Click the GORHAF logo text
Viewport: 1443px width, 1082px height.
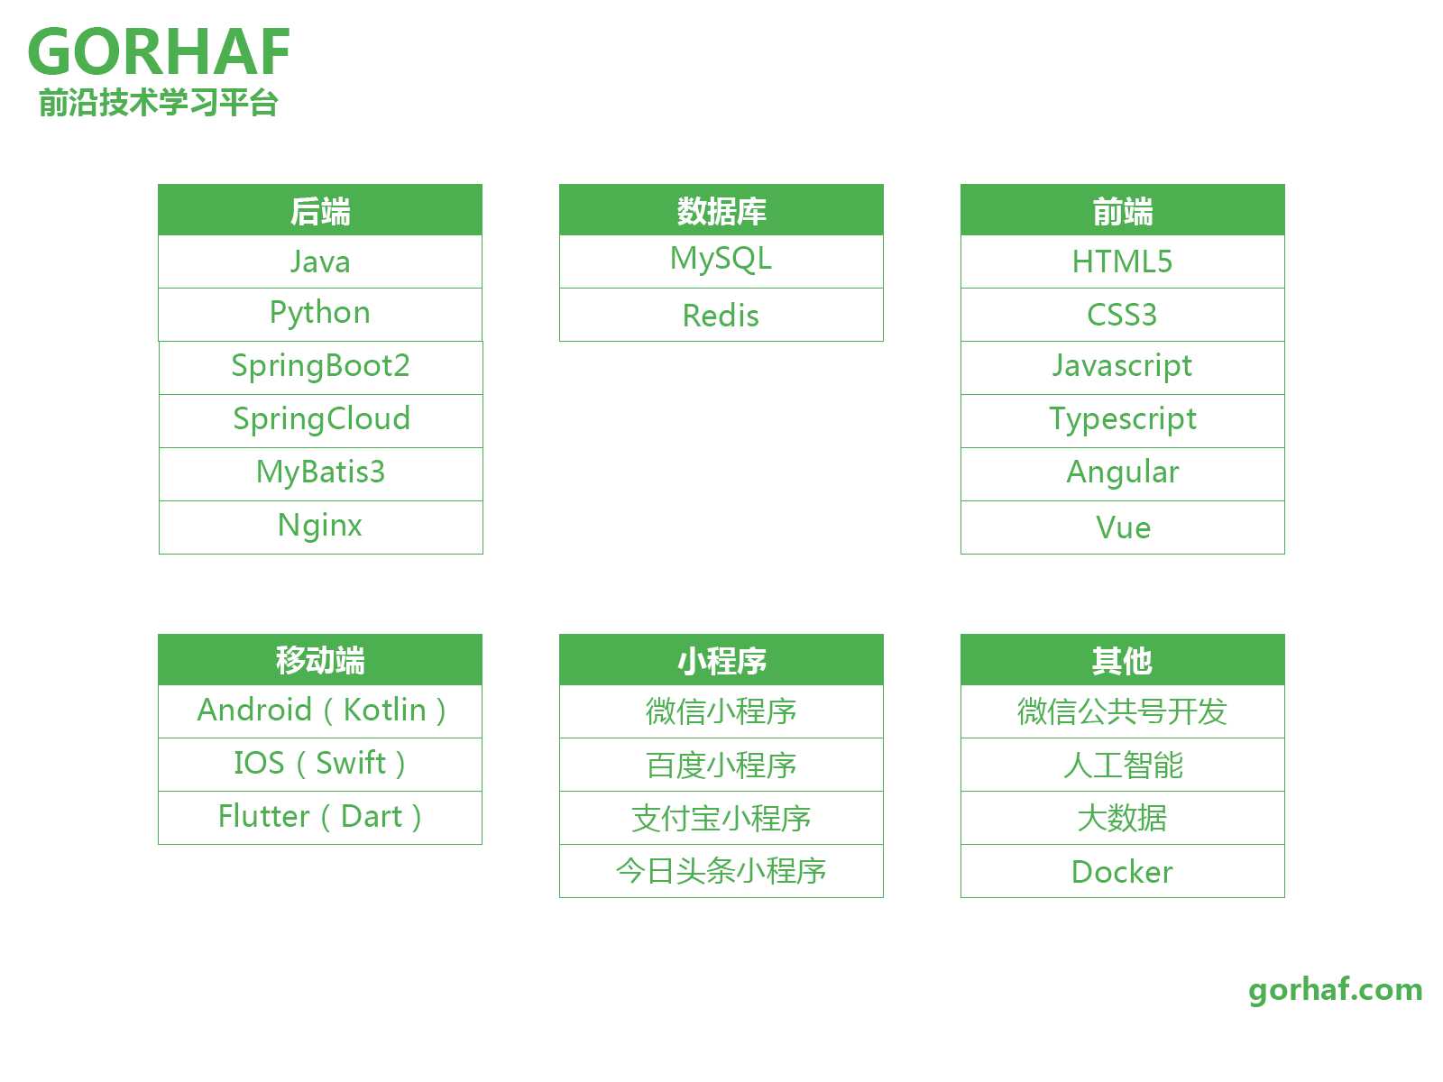158,51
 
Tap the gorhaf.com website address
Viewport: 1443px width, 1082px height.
1334,989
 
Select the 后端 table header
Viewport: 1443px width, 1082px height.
319,209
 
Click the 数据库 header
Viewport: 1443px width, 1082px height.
721,209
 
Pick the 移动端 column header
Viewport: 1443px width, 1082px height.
319,659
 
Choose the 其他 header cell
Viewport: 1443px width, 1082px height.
1122,659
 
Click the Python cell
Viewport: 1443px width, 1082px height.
319,314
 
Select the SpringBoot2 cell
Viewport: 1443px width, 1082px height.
320,367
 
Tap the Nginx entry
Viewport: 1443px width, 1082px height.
320,527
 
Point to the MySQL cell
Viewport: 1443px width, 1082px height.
721,261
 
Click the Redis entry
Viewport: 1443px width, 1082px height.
721,314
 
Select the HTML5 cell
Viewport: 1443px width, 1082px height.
1122,261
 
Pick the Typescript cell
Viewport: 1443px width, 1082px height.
1122,420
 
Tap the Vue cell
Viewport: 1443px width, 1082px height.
1122,527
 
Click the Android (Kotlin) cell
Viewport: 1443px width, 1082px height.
319,711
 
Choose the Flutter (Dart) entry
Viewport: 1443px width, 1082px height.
319,817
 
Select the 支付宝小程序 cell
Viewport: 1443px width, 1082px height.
721,817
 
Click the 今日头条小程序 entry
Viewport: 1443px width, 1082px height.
721,870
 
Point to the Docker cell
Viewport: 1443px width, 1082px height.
1122,870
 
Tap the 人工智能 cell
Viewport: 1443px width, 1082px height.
1122,764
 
